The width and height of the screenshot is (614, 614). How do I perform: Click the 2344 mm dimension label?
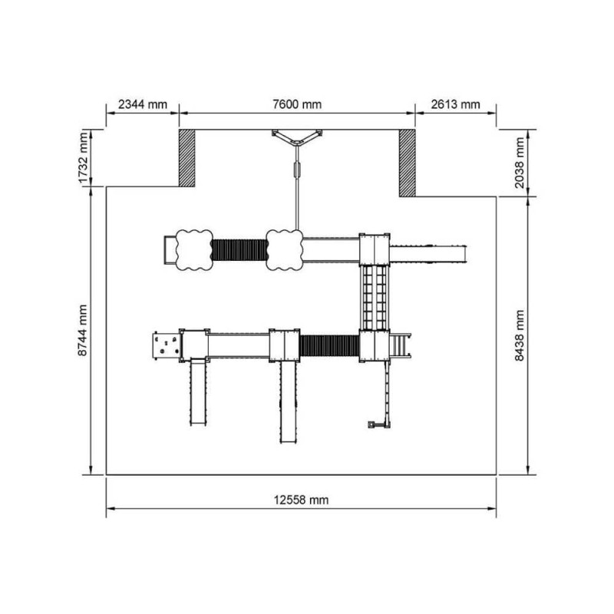[x=143, y=104]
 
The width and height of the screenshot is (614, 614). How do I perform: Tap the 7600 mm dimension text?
[x=297, y=104]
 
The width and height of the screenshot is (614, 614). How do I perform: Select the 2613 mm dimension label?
[x=455, y=104]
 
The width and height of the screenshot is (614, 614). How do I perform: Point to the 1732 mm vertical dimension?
[x=83, y=158]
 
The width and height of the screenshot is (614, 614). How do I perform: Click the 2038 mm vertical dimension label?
[x=520, y=163]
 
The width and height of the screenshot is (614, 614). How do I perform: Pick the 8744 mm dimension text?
[x=83, y=331]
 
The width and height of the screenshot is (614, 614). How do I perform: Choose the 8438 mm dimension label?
[x=520, y=335]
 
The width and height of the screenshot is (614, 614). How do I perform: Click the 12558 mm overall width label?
[x=301, y=500]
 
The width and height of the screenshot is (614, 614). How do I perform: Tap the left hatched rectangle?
[x=187, y=158]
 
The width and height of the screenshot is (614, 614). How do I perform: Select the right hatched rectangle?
[x=408, y=163]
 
